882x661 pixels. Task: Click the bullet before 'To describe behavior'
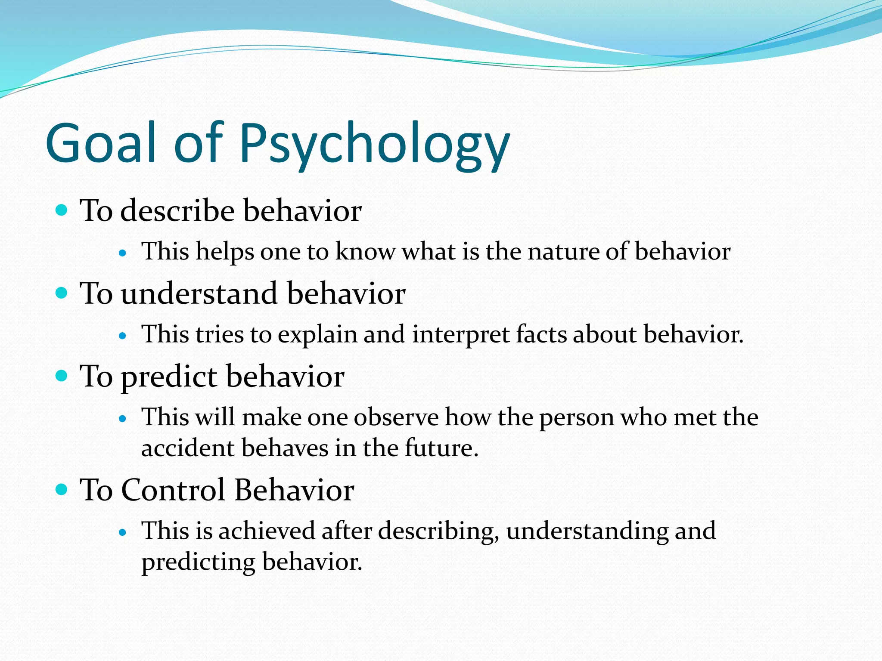pyautogui.click(x=62, y=210)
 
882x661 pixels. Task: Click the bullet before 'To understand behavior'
pyautogui.click(x=62, y=293)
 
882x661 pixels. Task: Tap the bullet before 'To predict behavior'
pyautogui.click(x=62, y=376)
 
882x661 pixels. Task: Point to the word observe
pyautogui.click(x=396, y=417)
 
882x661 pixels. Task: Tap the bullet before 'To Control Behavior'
pyautogui.click(x=62, y=489)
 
